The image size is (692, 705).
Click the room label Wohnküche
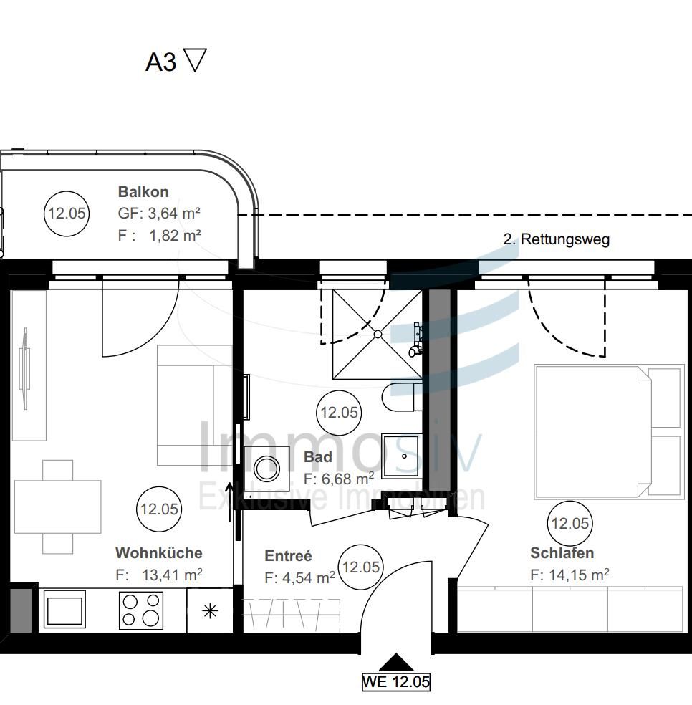tap(158, 553)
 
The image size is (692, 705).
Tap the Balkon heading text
tap(143, 192)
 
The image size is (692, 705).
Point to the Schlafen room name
tap(562, 553)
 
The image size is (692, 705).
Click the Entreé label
tap(288, 556)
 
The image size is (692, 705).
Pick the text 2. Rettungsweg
tap(556, 239)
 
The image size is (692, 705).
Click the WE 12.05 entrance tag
tap(395, 681)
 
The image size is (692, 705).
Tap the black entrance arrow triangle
tap(395, 663)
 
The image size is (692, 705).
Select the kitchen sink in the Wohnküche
tap(64, 610)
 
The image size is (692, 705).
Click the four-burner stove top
tap(140, 610)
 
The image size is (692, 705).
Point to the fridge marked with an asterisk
tap(210, 610)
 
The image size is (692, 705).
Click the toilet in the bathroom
tap(401, 398)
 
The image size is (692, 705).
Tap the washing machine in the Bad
tap(267, 469)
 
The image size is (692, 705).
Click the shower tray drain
tap(378, 334)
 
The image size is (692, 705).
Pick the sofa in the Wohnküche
tap(194, 405)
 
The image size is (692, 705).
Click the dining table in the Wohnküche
tap(57, 507)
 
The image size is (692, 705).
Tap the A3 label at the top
tap(160, 62)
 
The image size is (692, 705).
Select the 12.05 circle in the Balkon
tap(67, 213)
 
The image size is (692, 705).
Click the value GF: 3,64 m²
tap(158, 214)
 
